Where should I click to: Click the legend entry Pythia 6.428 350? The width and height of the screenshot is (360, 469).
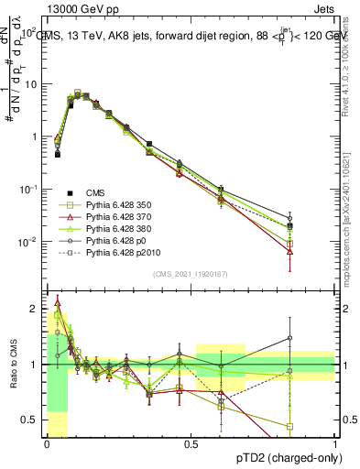click(120, 204)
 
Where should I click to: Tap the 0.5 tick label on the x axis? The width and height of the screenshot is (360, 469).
click(191, 442)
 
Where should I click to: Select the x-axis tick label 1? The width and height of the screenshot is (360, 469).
click(334, 442)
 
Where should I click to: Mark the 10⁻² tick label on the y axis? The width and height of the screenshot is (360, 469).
click(29, 242)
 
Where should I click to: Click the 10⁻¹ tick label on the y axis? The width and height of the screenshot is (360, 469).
click(29, 190)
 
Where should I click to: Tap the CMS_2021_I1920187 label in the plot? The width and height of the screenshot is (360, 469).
click(191, 274)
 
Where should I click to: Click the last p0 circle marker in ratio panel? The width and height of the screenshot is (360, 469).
click(289, 338)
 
